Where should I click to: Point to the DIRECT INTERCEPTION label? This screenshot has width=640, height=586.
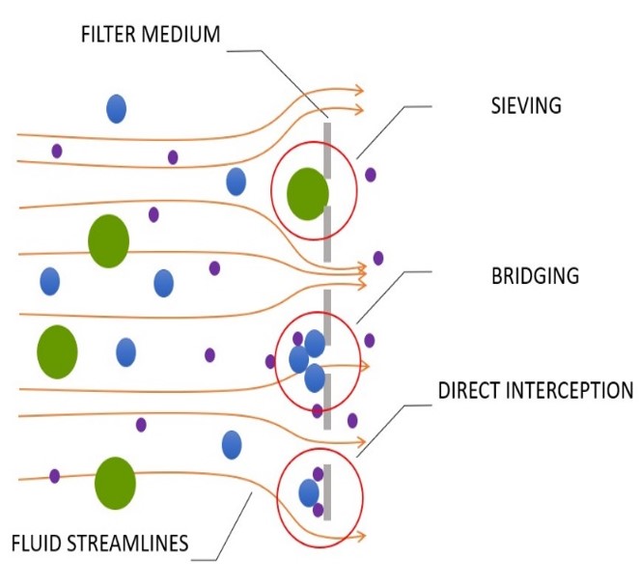536,391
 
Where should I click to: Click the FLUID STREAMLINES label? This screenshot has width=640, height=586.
100,544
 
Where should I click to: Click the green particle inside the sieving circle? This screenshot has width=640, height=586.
308,194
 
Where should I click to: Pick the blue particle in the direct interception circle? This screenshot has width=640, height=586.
309,493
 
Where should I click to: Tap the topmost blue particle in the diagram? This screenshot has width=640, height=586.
116,108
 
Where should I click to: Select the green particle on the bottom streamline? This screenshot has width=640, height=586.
115,483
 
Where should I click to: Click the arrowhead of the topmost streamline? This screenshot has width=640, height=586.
358,90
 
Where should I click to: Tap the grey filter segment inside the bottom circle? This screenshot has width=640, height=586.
328,492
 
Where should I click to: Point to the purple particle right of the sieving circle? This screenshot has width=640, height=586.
370,175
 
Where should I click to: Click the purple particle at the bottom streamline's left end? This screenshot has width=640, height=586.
55,476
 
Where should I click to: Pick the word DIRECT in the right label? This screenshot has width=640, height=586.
468,391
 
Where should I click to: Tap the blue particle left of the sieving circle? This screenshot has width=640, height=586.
236,181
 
